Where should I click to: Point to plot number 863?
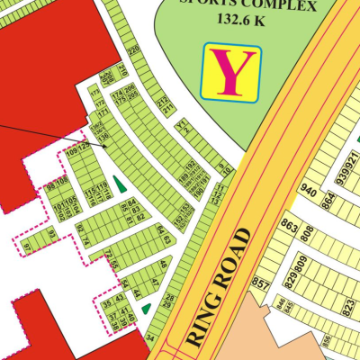click(289, 224)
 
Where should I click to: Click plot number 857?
click(261, 283)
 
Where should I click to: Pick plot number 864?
click(328, 200)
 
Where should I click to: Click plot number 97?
click(27, 247)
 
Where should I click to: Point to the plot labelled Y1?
click(180, 122)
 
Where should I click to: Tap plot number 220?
click(133, 51)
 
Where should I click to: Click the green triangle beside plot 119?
click(119, 184)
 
